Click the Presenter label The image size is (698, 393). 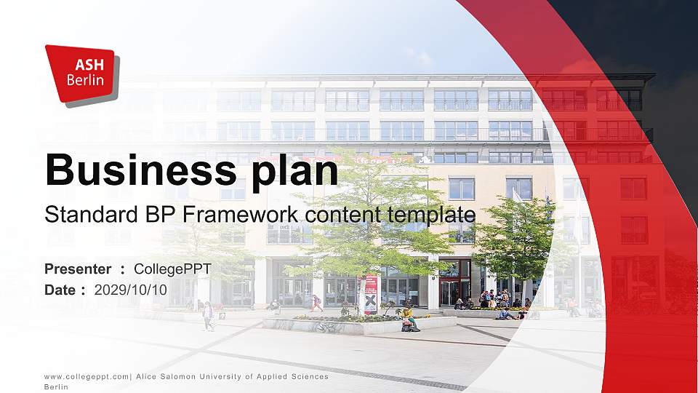78,269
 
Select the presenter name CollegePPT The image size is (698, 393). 172,269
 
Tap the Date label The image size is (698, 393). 60,290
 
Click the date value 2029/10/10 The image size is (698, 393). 131,290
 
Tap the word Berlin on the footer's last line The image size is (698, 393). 56,387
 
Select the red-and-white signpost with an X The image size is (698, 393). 371,295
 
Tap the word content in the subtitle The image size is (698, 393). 347,215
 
